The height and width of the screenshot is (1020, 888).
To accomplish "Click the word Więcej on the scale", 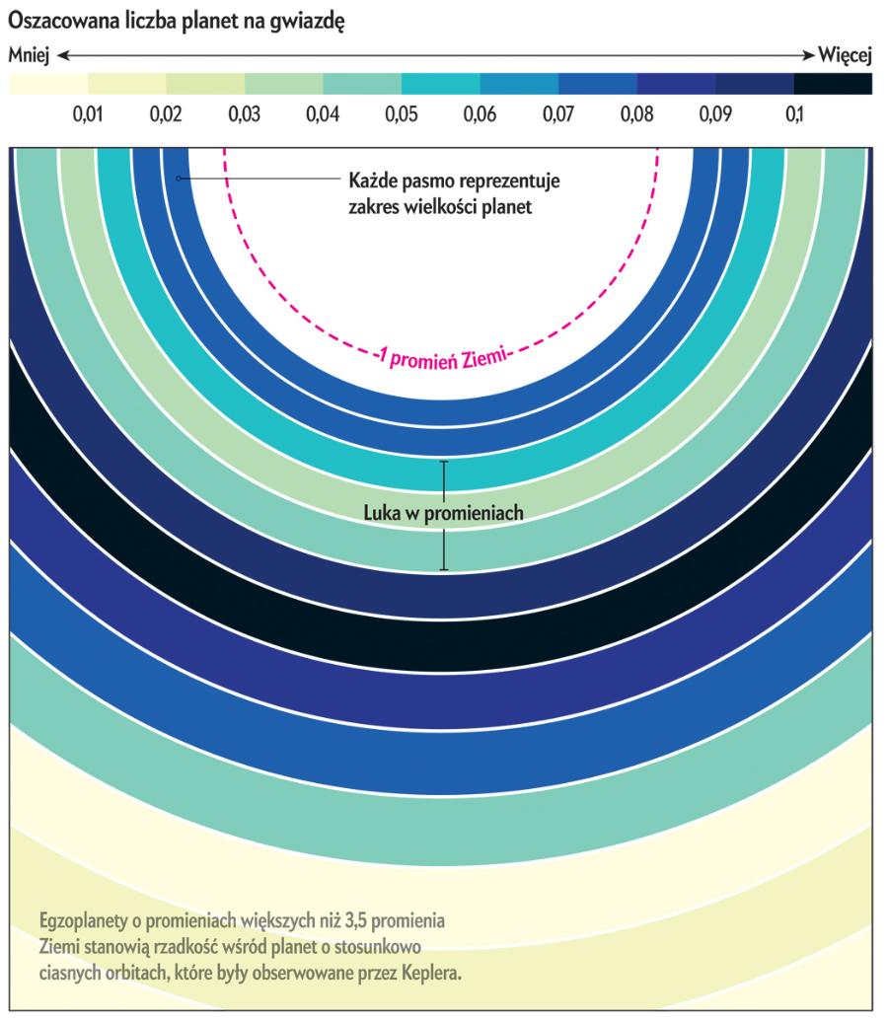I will (x=848, y=56).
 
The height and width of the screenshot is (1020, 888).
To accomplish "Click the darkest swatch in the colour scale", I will (x=834, y=84).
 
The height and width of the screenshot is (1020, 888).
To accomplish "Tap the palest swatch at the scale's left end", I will (x=48, y=84).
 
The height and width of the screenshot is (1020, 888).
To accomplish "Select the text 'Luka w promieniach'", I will (x=442, y=513).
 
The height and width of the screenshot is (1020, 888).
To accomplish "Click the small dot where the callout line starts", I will (x=179, y=179).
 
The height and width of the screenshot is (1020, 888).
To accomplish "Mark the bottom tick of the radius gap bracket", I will (x=443, y=570).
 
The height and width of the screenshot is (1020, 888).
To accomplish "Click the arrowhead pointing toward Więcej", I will (x=812, y=56).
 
